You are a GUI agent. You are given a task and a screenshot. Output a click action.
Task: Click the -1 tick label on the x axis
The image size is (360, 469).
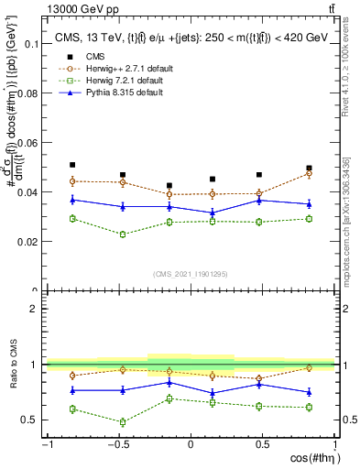[47, 444]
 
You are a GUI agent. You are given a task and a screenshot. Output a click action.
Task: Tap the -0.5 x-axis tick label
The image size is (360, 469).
[117, 444]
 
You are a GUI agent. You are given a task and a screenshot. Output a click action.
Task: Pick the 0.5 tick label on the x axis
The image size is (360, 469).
[262, 444]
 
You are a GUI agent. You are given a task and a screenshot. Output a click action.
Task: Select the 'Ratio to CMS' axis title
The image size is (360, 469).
[11, 365]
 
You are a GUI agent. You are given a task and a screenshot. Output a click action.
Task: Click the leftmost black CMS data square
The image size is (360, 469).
[72, 165]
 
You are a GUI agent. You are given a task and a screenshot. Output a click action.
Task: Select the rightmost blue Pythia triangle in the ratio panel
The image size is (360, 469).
[309, 392]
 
